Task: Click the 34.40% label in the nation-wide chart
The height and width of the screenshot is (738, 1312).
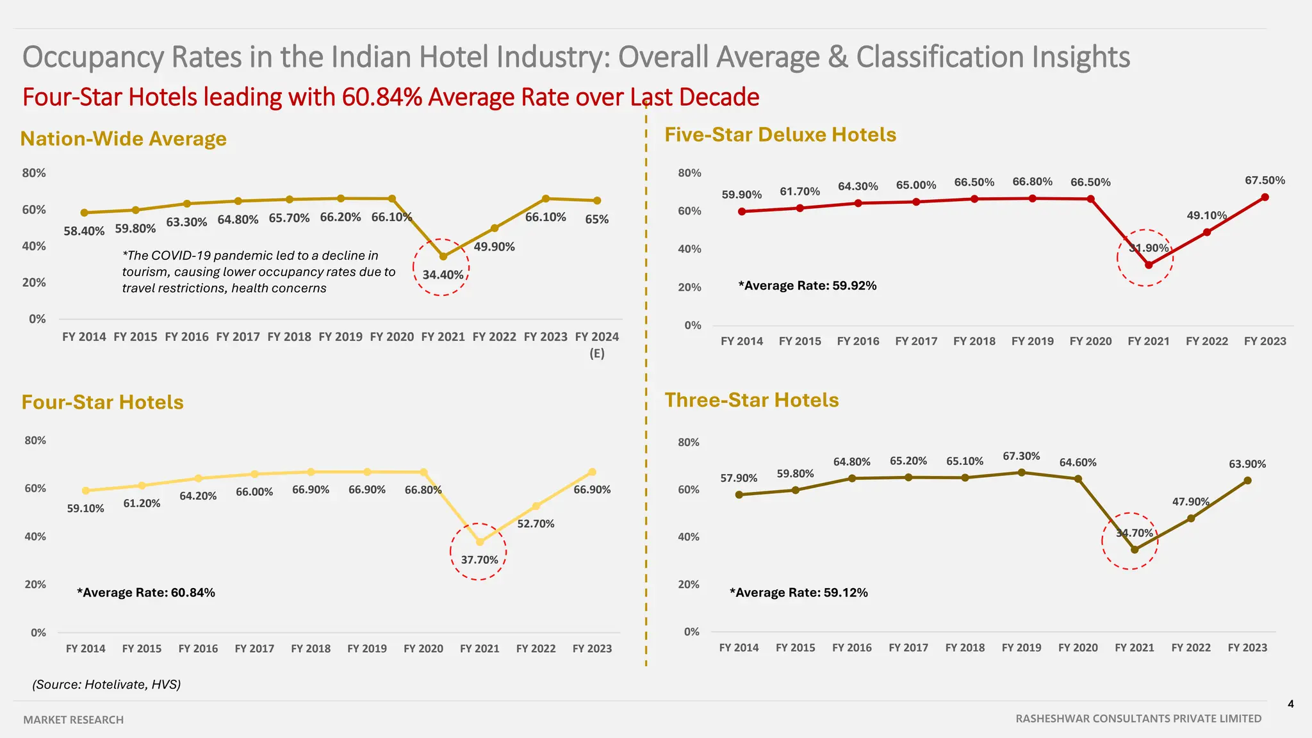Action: pos(443,275)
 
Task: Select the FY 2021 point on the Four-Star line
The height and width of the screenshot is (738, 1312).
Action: pos(480,542)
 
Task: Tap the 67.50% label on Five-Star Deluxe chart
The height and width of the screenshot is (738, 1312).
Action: pos(1265,181)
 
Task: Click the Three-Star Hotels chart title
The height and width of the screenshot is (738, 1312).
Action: pos(751,400)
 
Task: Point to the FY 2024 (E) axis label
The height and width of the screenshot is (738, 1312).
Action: pos(596,344)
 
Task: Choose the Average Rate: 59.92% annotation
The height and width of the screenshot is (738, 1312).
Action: pos(807,286)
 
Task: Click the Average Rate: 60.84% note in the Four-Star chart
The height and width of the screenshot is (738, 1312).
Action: pos(146,593)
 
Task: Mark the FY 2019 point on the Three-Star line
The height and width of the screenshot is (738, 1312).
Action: pos(1022,473)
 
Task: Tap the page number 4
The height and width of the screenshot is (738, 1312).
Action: pos(1290,704)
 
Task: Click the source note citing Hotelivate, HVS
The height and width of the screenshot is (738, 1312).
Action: pos(106,684)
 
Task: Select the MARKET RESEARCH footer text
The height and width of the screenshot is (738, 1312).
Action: pos(74,719)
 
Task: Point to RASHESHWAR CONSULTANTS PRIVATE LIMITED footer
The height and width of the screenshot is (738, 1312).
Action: pos(1138,719)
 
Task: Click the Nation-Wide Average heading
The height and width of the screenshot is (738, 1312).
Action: pos(124,138)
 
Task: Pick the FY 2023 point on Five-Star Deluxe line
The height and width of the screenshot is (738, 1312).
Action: pos(1265,197)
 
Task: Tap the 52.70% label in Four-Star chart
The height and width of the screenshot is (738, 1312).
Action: pos(536,523)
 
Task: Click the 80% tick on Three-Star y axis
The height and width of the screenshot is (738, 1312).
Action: pos(689,442)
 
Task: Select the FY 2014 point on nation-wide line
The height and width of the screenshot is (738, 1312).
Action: pos(84,213)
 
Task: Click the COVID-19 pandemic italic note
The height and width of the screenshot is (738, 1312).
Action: pos(259,272)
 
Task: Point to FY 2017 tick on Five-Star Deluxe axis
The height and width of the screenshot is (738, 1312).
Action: pos(916,341)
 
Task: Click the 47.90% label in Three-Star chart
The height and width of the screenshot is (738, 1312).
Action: pos(1190,502)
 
